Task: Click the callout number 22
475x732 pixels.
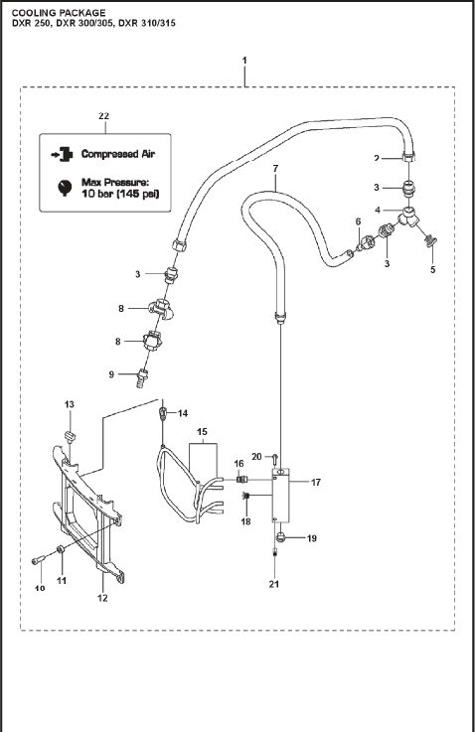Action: click(103, 116)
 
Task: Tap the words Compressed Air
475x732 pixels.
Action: click(117, 154)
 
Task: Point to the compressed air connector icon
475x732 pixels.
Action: click(63, 154)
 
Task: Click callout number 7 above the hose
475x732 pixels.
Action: click(275, 168)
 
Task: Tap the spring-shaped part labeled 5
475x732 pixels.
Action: click(431, 241)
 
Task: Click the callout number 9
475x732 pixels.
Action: click(111, 374)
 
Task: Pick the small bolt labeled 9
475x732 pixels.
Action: click(142, 375)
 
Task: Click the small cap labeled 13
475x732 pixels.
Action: click(70, 436)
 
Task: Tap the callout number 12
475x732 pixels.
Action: click(102, 598)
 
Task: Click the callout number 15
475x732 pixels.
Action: click(202, 432)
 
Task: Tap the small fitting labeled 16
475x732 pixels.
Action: click(241, 479)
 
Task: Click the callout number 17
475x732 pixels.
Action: click(316, 483)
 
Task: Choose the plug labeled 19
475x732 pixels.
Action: click(281, 536)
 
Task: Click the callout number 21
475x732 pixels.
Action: click(274, 584)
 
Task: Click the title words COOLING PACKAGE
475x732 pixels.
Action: click(59, 13)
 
